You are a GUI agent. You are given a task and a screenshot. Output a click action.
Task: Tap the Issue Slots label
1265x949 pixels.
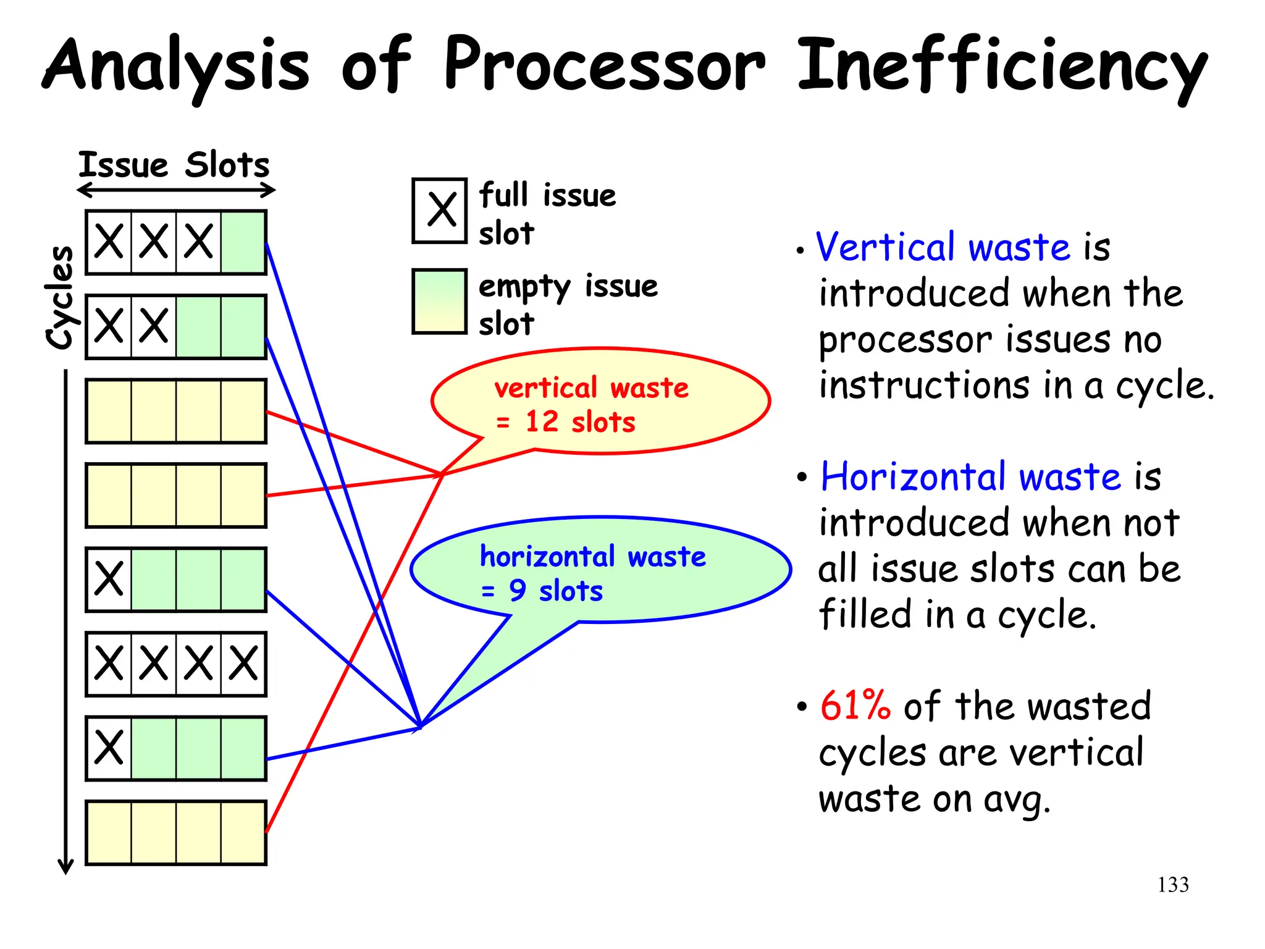point(174,165)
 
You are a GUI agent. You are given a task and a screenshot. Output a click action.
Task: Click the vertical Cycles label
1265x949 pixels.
point(60,297)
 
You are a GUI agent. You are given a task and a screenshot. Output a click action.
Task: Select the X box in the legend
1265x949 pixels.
point(440,211)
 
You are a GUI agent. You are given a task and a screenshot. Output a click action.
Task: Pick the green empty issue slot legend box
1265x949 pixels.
point(439,302)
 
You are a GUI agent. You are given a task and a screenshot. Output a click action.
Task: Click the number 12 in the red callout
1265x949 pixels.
point(542,422)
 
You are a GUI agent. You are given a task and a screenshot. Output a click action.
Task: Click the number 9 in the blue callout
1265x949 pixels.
point(518,591)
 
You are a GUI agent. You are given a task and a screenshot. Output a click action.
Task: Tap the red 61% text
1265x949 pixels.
point(855,706)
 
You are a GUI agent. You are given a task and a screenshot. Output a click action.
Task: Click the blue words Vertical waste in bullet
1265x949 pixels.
point(943,247)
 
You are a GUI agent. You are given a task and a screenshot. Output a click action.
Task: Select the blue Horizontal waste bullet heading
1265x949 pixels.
point(970,477)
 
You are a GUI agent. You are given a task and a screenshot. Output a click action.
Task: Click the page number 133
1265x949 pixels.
point(1172,885)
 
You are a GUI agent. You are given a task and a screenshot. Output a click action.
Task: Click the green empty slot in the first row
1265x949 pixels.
point(243,242)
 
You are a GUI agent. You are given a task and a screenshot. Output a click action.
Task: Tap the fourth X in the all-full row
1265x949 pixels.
point(243,664)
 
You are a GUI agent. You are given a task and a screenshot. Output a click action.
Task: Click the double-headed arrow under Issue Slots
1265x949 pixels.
point(176,190)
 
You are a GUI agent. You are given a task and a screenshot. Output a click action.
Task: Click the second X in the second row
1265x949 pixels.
point(154,326)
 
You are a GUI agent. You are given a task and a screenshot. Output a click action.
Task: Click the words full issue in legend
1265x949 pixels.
point(547,195)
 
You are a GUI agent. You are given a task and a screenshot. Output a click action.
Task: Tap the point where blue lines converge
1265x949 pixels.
point(420,727)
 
